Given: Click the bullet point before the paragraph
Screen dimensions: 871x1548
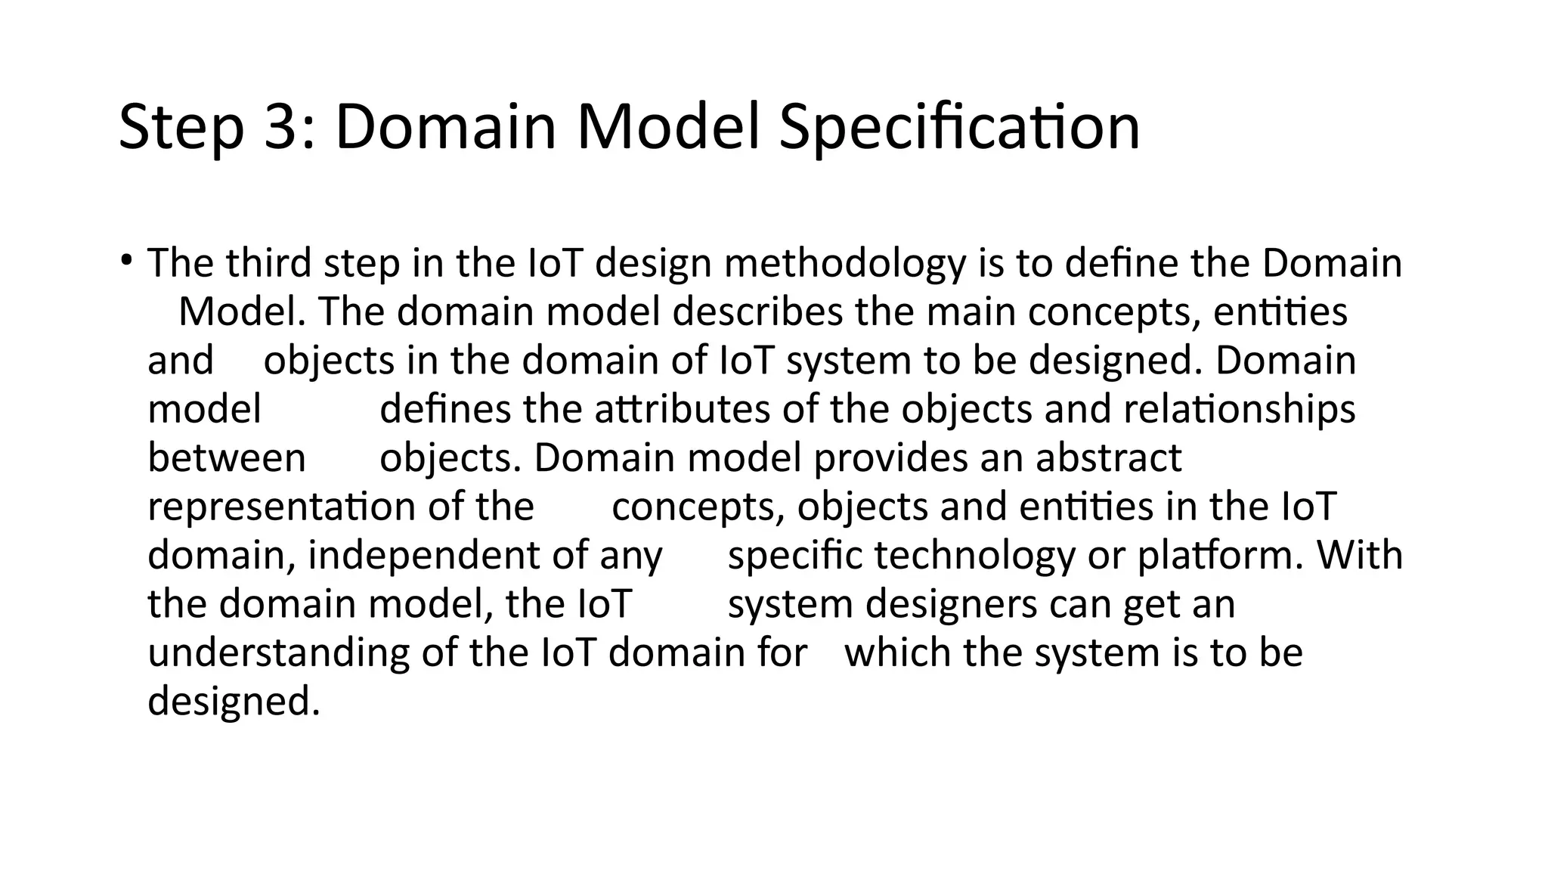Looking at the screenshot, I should point(125,262).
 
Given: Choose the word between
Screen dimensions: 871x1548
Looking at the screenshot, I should point(227,458).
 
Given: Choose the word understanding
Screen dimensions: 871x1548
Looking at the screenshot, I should point(278,653).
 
